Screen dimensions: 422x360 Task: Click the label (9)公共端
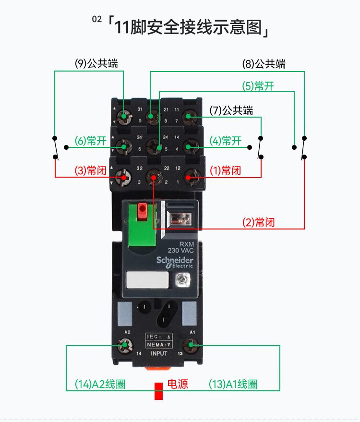pyautogui.click(x=96, y=63)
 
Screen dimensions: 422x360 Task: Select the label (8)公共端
pyautogui.click(x=264, y=64)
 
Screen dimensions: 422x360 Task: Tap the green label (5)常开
pyautogui.click(x=258, y=86)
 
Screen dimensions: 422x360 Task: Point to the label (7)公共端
pyautogui.click(x=231, y=110)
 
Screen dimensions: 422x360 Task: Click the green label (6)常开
pyautogui.click(x=90, y=141)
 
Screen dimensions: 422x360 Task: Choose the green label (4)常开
pyautogui.click(x=225, y=141)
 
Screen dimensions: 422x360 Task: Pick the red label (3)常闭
pyautogui.click(x=90, y=171)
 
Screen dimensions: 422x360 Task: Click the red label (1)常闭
pyautogui.click(x=225, y=171)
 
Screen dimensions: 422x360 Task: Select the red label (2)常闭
pyautogui.click(x=258, y=223)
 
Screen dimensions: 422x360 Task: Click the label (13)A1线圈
pyautogui.click(x=233, y=385)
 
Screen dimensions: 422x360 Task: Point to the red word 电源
pyautogui.click(x=178, y=384)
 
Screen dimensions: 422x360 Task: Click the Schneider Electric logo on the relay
pyautogui.click(x=174, y=261)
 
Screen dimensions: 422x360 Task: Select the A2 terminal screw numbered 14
pyautogui.click(x=126, y=344)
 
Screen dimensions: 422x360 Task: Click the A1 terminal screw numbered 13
pyautogui.click(x=192, y=344)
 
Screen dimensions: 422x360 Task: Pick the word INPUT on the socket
pyautogui.click(x=159, y=354)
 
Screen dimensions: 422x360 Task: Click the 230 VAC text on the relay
pyautogui.click(x=180, y=250)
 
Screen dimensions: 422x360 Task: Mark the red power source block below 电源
pyautogui.click(x=158, y=391)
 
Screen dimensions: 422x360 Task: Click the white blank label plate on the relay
pyautogui.click(x=147, y=279)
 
